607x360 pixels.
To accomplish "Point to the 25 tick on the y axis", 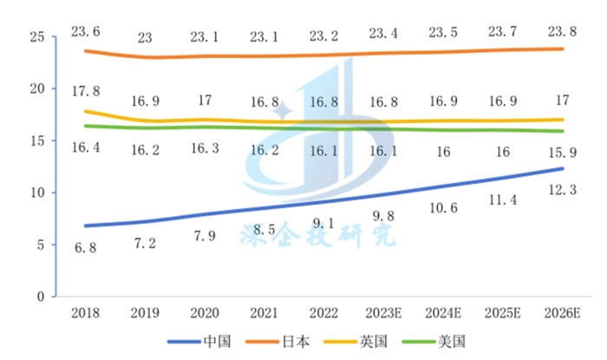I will point(36,36).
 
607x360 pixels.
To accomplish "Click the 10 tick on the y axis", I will point(36,193).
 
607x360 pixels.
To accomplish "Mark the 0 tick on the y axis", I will point(40,297).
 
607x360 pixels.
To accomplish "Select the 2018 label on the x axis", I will point(85,311).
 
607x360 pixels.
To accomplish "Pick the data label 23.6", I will point(85,31).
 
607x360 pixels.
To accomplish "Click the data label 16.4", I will point(85,147).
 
